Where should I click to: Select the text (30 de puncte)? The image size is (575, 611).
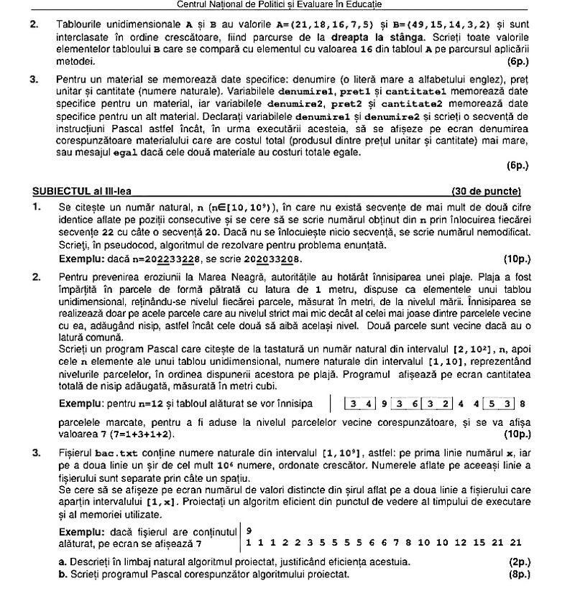pos(485,192)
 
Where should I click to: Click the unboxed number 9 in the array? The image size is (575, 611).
pos(385,404)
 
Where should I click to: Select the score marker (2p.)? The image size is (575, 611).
pos(518,562)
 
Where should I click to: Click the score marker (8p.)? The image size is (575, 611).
pos(518,574)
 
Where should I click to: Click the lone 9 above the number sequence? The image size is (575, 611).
pos(249,531)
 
